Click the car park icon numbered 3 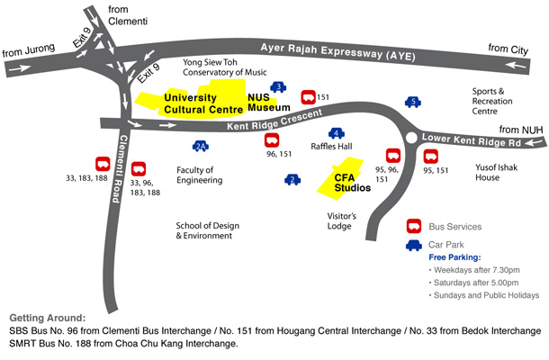pos(279,86)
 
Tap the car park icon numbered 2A pos(201,146)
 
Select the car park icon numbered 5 pos(413,103)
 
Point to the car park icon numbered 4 pos(335,134)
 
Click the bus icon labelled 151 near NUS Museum pos(308,95)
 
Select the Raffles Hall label pos(331,147)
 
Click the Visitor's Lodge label pos(341,221)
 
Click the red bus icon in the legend pos(415,227)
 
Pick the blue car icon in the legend pos(415,244)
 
